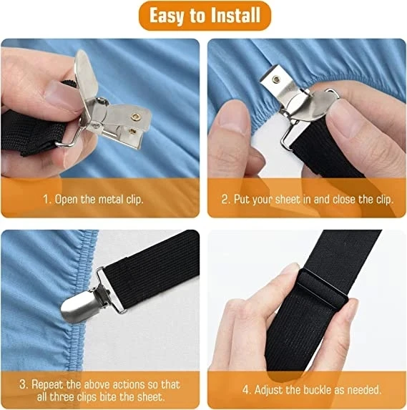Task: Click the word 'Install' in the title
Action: (233, 16)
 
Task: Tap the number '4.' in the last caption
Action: (247, 390)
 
